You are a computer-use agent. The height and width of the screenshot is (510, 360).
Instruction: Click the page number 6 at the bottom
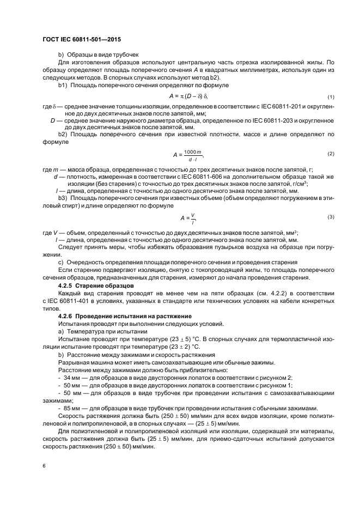pos(44,466)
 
